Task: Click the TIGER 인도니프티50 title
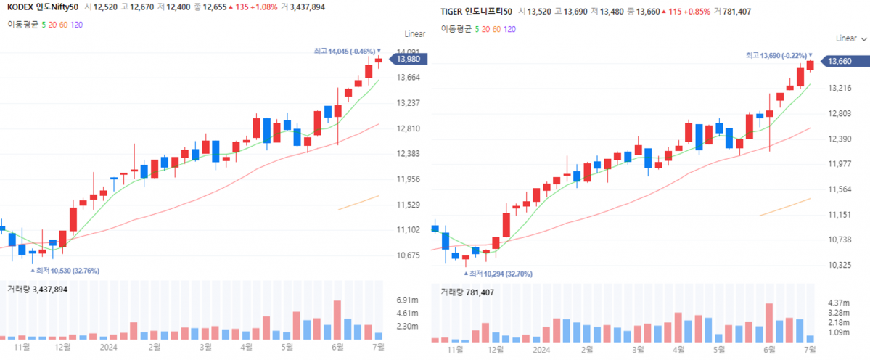[476, 12]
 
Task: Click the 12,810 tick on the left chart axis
[410, 128]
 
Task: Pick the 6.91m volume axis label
[409, 300]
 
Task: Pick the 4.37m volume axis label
[840, 303]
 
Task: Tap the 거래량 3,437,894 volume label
[37, 289]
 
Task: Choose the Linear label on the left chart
[415, 34]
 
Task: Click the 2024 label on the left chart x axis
[108, 347]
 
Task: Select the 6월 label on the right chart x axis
[769, 350]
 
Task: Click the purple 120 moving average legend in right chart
[509, 29]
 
